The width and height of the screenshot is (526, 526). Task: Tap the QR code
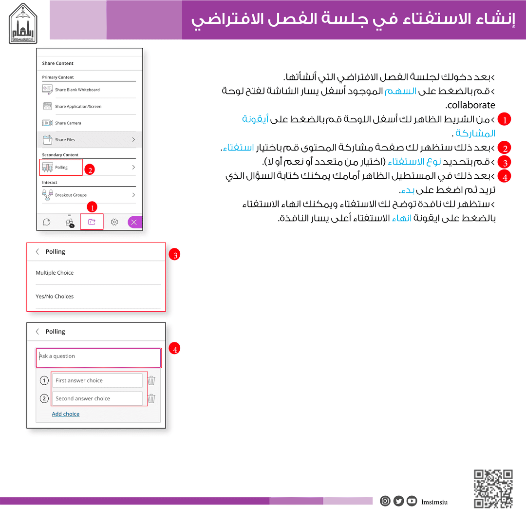click(x=493, y=488)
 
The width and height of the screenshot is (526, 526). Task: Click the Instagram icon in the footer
click(x=385, y=501)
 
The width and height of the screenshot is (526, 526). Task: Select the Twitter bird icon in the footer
click(x=398, y=501)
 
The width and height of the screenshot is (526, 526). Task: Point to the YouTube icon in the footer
click(x=412, y=501)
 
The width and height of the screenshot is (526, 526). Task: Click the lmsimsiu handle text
click(x=434, y=502)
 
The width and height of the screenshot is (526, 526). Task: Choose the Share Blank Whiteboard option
click(x=77, y=90)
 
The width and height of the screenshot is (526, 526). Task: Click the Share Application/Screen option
click(x=78, y=106)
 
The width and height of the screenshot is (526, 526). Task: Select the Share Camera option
click(x=68, y=123)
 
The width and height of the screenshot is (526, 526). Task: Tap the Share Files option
click(x=65, y=140)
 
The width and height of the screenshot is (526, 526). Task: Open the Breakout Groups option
click(x=71, y=195)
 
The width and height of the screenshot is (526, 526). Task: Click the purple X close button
click(x=134, y=222)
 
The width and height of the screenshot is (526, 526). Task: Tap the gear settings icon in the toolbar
click(x=114, y=222)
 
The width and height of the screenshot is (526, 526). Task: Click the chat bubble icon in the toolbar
click(x=47, y=222)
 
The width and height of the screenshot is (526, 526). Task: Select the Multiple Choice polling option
click(x=55, y=273)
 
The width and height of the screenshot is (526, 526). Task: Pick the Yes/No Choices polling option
click(x=55, y=296)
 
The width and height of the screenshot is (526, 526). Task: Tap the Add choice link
click(x=66, y=414)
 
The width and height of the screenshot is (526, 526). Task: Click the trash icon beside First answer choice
click(x=151, y=380)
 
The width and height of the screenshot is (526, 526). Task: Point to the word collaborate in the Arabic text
click(x=471, y=105)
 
